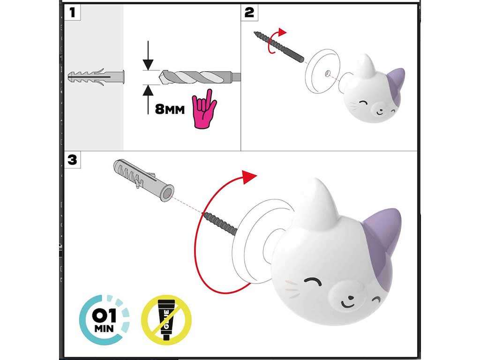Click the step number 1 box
pyautogui.click(x=72, y=13)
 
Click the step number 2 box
pyautogui.click(x=249, y=13)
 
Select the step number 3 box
pyautogui.click(x=72, y=160)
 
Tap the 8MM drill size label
pyautogui.click(x=170, y=109)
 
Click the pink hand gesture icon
pyautogui.click(x=203, y=109)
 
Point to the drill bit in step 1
pyautogui.click(x=200, y=77)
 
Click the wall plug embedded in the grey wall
pyautogui.click(x=96, y=77)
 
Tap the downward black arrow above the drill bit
pyautogui.click(x=148, y=55)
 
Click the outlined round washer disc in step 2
pyautogui.click(x=322, y=71)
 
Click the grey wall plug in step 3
pyautogui.click(x=144, y=180)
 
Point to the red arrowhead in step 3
pyautogui.click(x=249, y=177)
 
